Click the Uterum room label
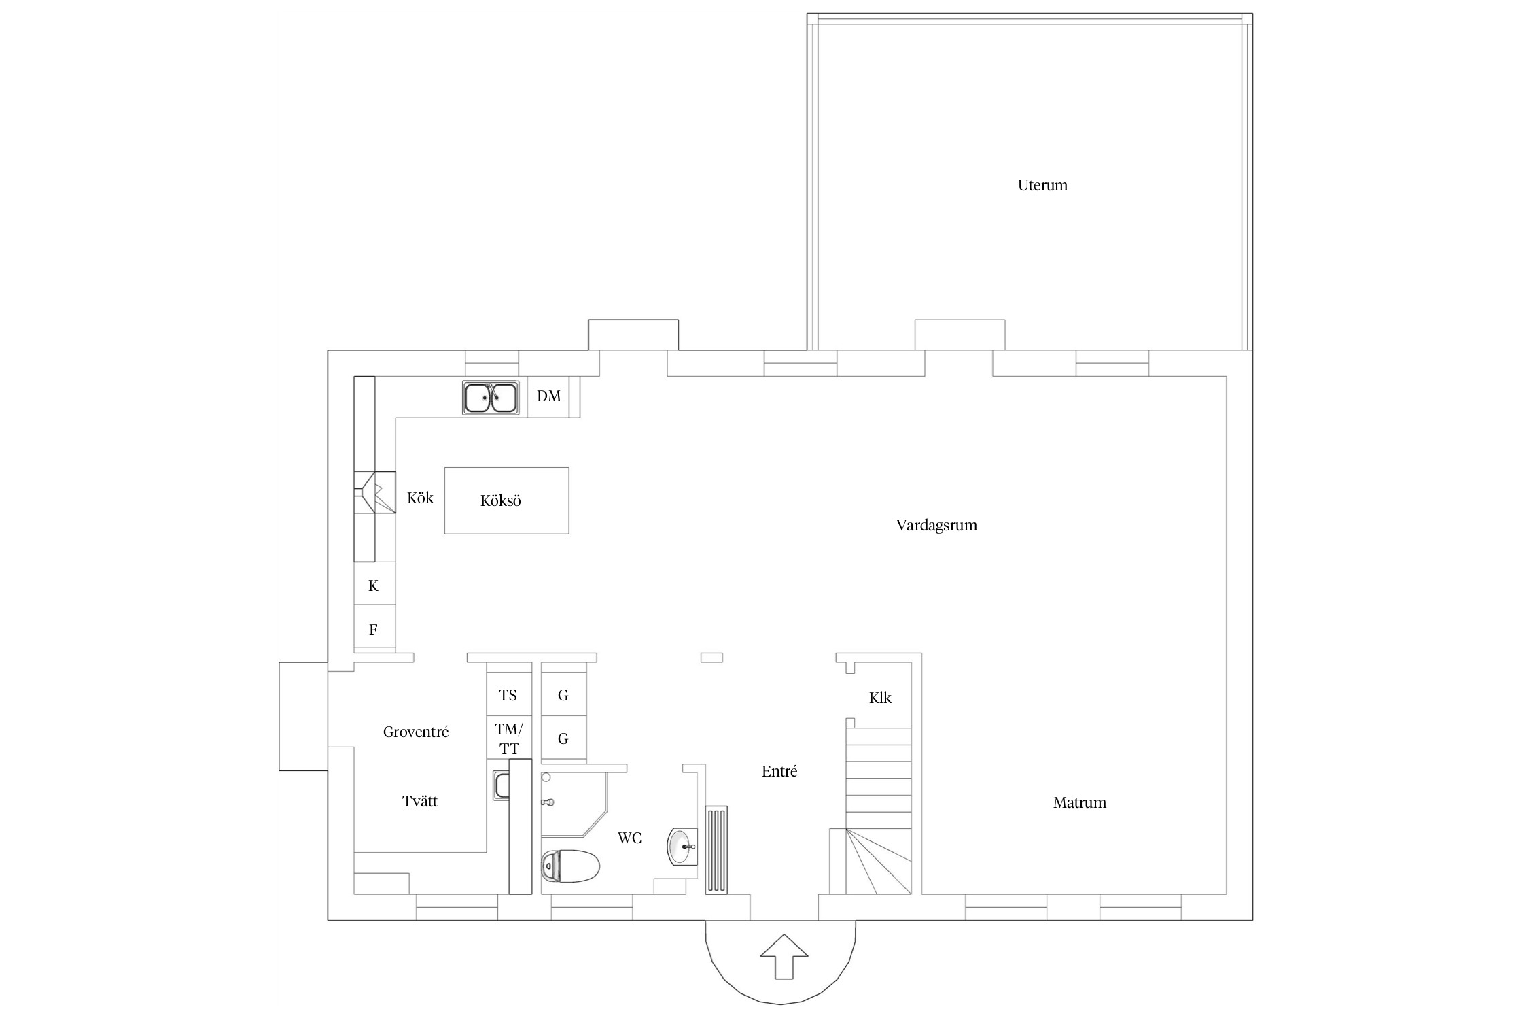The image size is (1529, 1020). pyautogui.click(x=1042, y=185)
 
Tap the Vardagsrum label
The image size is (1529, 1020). pyautogui.click(x=936, y=525)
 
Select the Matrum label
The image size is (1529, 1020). pyautogui.click(x=1079, y=802)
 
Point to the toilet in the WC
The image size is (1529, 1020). pyautogui.click(x=571, y=866)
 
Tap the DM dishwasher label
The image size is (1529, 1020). pyautogui.click(x=549, y=396)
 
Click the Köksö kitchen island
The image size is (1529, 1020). pyautogui.click(x=506, y=500)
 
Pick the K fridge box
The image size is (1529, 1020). pyautogui.click(x=374, y=585)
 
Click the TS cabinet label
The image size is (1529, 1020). pyautogui.click(x=508, y=695)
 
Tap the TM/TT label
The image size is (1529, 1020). pyautogui.click(x=509, y=739)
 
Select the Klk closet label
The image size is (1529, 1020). pyautogui.click(x=880, y=698)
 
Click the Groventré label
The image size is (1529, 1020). pyautogui.click(x=416, y=732)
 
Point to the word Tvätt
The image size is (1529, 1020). pyautogui.click(x=420, y=801)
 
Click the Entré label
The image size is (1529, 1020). pyautogui.click(x=779, y=771)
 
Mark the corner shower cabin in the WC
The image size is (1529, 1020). pyautogui.click(x=574, y=804)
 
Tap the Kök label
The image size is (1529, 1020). pyautogui.click(x=420, y=498)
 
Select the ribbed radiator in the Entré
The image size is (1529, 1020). pyautogui.click(x=716, y=850)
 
